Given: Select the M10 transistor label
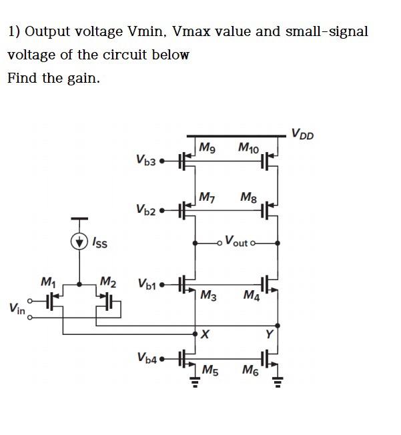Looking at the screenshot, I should click(249, 147).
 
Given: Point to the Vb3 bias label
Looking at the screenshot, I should click(145, 160).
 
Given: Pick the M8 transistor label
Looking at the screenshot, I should click(249, 197).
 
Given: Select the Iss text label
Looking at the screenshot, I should click(99, 242).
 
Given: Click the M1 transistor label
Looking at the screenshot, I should click(49, 281).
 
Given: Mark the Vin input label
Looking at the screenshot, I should click(17, 308).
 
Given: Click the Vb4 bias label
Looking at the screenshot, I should click(147, 358).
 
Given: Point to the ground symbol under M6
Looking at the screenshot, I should click(278, 382).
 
